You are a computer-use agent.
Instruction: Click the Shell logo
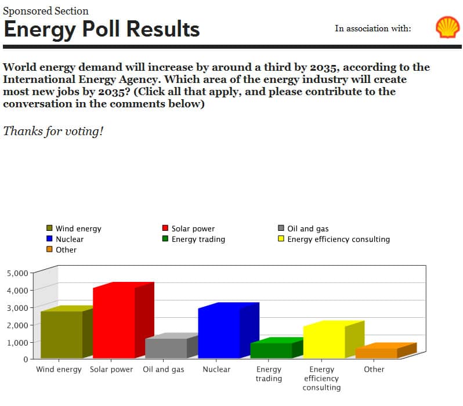(x=447, y=27)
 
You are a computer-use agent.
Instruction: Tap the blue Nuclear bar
(x=219, y=332)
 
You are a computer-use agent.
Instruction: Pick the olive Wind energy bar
(x=62, y=334)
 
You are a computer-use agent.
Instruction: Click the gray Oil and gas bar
(x=166, y=348)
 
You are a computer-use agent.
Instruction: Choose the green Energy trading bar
(x=271, y=350)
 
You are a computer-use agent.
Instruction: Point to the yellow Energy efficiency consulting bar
(x=324, y=342)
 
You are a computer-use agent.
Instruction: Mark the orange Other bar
(x=376, y=353)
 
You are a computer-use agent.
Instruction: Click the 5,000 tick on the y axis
(x=17, y=273)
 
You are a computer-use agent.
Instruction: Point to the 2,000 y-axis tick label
(x=17, y=325)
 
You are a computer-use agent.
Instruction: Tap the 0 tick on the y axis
(x=26, y=360)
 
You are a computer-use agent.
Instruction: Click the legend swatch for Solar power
(x=165, y=229)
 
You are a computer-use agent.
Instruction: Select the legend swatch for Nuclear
(x=49, y=239)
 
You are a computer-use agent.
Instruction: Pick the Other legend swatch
(x=49, y=249)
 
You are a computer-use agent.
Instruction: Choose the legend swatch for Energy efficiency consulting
(x=281, y=239)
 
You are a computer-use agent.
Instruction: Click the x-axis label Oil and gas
(x=164, y=369)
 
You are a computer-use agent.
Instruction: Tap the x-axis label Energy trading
(x=269, y=374)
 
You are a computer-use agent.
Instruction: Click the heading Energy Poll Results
(x=102, y=28)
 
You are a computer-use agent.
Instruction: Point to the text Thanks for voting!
(x=53, y=130)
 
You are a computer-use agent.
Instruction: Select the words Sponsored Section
(x=46, y=10)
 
